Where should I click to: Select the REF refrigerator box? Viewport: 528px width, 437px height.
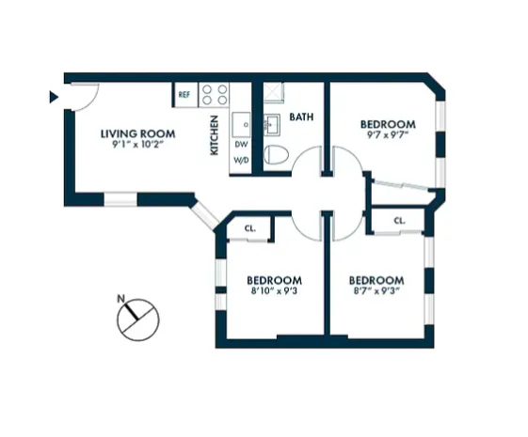point(184,95)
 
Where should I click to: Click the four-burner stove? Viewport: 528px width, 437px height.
point(216,95)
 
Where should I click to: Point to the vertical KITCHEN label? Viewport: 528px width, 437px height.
point(215,134)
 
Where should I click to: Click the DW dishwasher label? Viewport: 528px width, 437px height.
point(241,145)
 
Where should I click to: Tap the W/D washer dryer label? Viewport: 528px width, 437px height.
point(241,161)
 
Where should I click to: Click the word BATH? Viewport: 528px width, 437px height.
point(301,118)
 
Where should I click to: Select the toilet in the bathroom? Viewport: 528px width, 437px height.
point(274,155)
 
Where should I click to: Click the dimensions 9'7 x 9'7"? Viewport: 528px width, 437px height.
point(389,135)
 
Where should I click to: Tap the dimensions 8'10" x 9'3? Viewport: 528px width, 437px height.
point(275,292)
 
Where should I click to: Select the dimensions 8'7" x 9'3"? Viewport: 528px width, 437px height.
point(376,292)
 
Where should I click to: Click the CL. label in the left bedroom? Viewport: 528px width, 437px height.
point(250,228)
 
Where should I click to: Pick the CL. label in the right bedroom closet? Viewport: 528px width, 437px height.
point(399,221)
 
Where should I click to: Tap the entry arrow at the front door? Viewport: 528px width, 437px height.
point(54,96)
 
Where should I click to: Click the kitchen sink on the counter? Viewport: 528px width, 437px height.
point(242,122)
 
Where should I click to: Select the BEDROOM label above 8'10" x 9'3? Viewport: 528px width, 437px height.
point(275,280)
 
